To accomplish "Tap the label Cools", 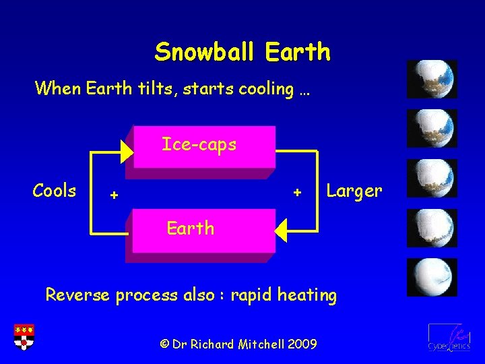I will (55, 191).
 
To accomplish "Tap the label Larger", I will (354, 191).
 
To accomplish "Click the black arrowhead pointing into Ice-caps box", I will (127, 151).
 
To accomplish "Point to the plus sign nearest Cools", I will (115, 195).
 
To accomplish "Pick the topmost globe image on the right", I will (432, 80).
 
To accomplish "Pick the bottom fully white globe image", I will (432, 277).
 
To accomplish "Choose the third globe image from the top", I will (432, 178).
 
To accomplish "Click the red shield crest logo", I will (24, 336).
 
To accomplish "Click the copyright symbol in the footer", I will (164, 344).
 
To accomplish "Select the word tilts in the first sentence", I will (152, 88).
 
